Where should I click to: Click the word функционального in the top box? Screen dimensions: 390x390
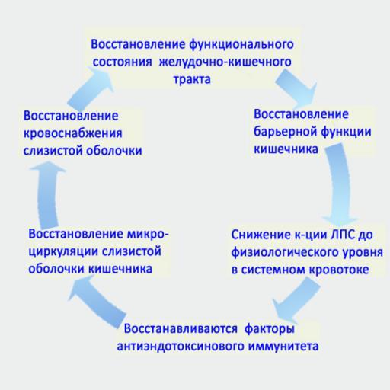pos(241,45)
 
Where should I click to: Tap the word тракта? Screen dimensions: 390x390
pos(192,79)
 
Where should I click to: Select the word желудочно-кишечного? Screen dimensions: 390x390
pos(225,62)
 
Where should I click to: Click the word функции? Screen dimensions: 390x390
pos(346,132)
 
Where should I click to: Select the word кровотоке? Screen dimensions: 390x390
pos(339,270)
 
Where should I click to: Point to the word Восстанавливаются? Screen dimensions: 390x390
pos(181,329)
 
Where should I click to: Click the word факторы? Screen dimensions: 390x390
pos(270,329)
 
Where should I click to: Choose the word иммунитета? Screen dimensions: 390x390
pos(283,347)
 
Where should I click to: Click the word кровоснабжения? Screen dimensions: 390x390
pos(73,133)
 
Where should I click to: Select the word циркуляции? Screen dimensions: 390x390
pos(63,252)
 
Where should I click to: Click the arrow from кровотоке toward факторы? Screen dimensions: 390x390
pos(296,299)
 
